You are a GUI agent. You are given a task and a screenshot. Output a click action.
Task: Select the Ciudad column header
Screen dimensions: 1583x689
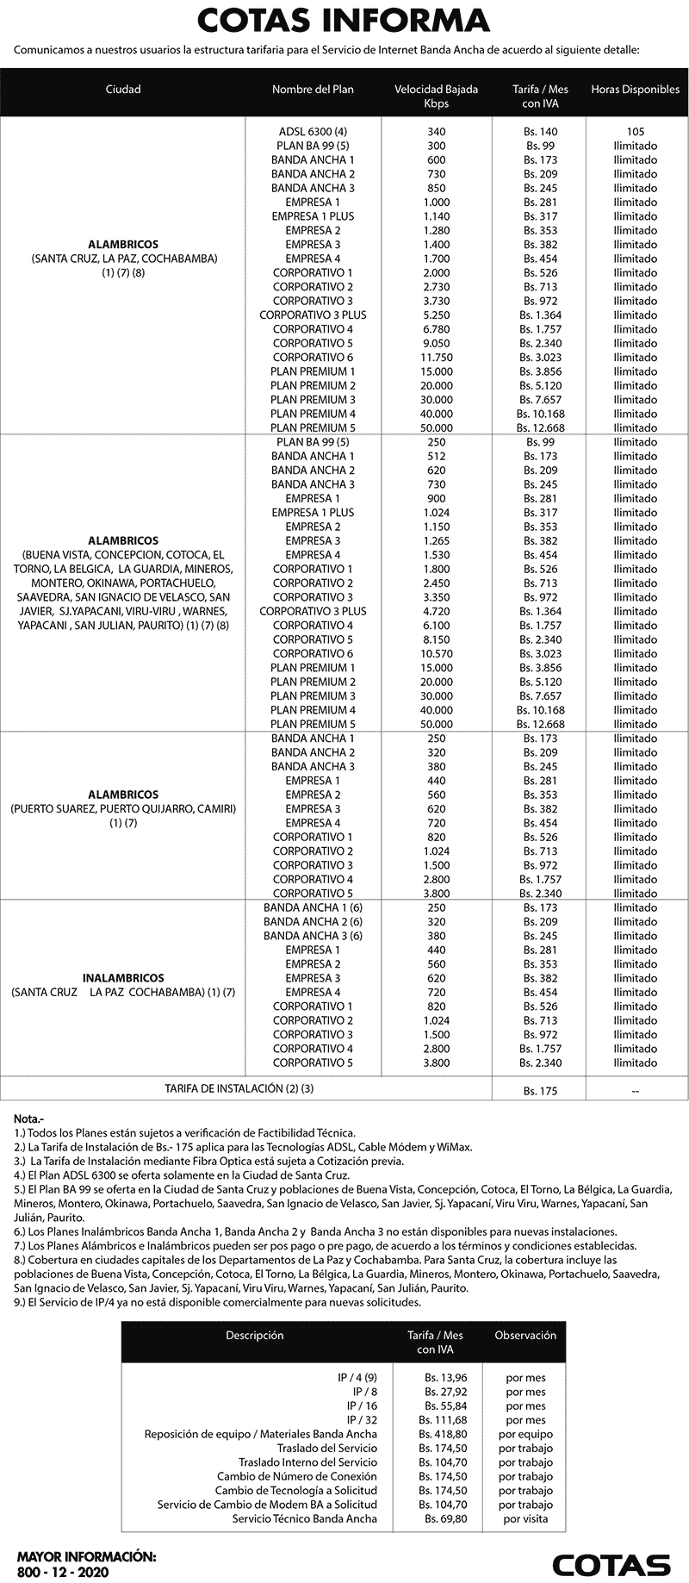tap(123, 90)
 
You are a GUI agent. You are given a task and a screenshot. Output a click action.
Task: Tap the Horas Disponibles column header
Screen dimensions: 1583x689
tap(635, 90)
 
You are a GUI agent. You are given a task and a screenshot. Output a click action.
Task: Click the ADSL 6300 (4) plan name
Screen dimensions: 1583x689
tap(313, 132)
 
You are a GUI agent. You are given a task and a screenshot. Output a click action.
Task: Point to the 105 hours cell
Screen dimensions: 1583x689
tap(636, 132)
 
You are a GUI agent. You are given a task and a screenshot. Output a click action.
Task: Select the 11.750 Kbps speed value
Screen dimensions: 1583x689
tap(436, 358)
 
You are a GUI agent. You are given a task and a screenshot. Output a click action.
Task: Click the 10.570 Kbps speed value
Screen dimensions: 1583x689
tap(436, 654)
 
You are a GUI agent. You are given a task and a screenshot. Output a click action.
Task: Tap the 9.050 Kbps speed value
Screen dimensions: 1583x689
tap(436, 343)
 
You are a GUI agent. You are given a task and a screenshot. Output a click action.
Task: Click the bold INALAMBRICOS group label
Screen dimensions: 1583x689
tap(123, 978)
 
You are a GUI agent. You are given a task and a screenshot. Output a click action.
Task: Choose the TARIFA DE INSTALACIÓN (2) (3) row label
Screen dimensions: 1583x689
tap(239, 1089)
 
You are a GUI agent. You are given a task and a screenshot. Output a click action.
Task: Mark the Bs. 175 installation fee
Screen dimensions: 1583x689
tap(540, 1091)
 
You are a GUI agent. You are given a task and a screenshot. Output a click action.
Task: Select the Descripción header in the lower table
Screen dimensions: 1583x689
tap(254, 1336)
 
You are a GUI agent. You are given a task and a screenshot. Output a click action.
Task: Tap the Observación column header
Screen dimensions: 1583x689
tap(525, 1336)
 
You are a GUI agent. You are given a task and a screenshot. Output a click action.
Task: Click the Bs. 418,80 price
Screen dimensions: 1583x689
tap(444, 1434)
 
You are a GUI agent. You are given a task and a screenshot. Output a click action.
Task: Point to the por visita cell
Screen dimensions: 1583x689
tap(525, 1518)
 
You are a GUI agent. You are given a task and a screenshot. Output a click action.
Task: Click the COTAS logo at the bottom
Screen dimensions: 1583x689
tap(611, 1564)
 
